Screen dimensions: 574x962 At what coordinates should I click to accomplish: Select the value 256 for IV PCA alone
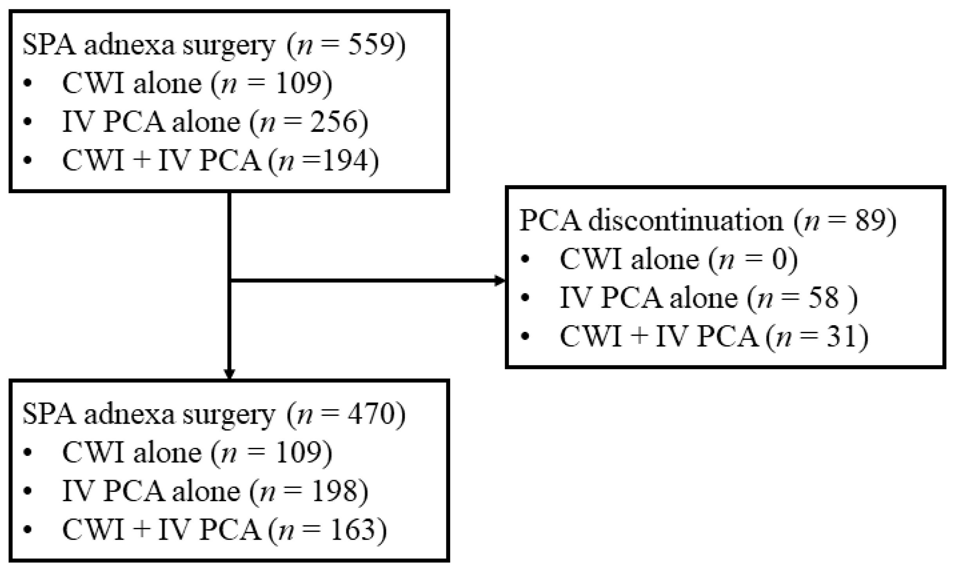click(x=334, y=122)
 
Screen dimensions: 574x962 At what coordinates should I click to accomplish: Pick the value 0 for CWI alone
click(x=780, y=259)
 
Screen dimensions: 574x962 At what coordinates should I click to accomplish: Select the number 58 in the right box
click(x=825, y=298)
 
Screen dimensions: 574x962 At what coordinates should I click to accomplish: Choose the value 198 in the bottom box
click(x=334, y=491)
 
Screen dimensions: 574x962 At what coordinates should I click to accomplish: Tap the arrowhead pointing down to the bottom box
click(x=229, y=374)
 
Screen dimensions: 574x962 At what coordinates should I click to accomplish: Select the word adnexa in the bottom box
click(x=129, y=414)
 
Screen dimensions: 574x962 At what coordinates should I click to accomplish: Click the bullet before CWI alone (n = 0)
click(x=525, y=259)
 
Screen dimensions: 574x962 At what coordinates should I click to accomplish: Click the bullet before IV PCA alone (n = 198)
click(x=27, y=491)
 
